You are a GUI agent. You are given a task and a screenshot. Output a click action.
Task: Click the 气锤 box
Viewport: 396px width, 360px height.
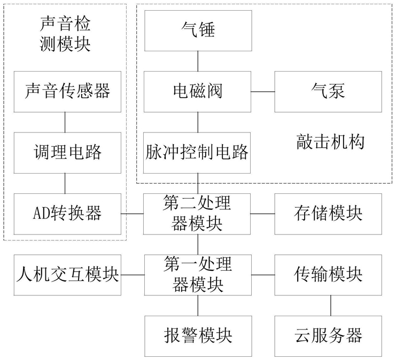click(198, 30)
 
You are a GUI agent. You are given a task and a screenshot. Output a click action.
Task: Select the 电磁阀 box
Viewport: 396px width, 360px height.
click(198, 92)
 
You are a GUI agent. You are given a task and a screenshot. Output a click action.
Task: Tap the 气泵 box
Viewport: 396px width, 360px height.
click(328, 92)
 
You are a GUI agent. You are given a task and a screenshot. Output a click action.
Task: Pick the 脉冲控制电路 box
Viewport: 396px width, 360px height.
click(197, 153)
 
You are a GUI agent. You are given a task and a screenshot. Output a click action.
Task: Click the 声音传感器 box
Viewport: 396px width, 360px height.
click(67, 92)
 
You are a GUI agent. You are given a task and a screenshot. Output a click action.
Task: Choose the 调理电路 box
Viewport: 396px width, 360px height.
click(67, 153)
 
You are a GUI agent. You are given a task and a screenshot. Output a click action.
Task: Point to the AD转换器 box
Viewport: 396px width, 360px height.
click(67, 214)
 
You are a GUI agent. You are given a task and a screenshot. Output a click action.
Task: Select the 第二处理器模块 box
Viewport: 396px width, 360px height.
click(197, 214)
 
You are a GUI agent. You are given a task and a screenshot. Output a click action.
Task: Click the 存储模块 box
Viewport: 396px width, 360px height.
click(328, 214)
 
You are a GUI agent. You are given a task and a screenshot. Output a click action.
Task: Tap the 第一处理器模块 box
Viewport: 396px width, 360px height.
click(198, 275)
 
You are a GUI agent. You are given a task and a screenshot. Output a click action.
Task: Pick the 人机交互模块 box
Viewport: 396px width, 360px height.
click(67, 275)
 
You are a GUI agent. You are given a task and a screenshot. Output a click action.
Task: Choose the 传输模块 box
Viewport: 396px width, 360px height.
click(328, 275)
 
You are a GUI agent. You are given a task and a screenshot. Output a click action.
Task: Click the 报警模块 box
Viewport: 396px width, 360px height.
click(198, 336)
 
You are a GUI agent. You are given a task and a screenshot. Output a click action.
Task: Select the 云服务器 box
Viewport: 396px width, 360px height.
click(328, 336)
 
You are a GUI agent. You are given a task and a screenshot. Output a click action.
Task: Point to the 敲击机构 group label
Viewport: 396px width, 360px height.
click(330, 142)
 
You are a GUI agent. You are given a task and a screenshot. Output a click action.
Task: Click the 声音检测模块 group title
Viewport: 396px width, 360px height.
click(65, 34)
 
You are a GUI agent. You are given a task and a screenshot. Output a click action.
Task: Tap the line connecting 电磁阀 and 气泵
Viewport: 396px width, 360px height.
click(263, 92)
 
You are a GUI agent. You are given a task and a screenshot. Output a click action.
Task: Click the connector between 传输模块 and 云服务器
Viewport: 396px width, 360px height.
click(331, 306)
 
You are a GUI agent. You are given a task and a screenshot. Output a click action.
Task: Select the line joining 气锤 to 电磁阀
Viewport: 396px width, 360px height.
click(198, 61)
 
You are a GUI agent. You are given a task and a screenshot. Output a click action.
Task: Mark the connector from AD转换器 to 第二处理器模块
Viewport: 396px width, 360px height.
click(132, 214)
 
